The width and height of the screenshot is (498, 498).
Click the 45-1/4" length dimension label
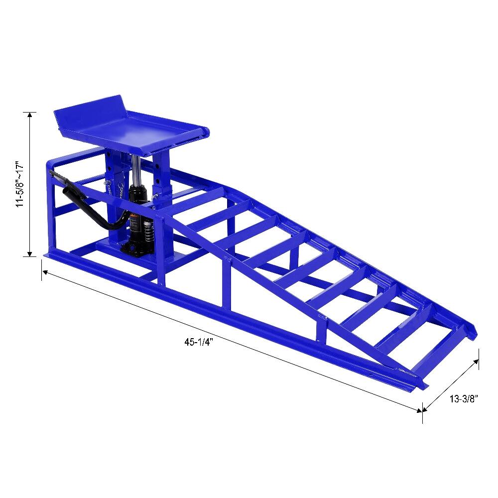click(198, 342)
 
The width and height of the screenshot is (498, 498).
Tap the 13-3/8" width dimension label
click(463, 399)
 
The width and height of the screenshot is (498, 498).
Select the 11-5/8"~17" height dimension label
click(20, 185)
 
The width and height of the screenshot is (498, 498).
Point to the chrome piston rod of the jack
click(136, 170)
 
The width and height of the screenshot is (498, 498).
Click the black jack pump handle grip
click(75, 194)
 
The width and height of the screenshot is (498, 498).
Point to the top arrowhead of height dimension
click(30, 115)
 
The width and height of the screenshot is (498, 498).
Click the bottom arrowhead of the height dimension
click(30, 253)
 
